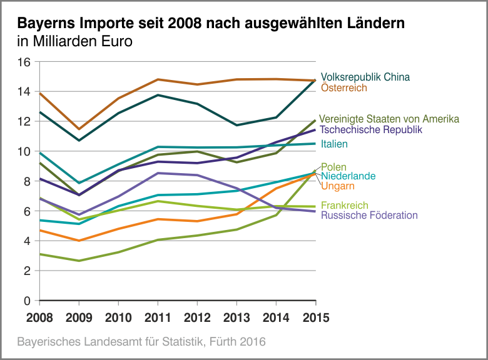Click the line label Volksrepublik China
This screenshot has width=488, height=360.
(x=365, y=77)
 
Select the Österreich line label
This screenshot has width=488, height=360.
(x=343, y=88)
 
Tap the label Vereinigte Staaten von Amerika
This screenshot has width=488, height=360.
(x=389, y=119)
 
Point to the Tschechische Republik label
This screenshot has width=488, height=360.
(x=371, y=129)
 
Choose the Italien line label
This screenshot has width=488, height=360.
(x=334, y=144)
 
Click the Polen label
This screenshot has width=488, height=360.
(x=333, y=167)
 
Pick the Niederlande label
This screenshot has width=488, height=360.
(x=348, y=176)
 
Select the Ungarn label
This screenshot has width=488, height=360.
(x=338, y=186)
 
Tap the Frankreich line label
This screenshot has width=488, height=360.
(x=345, y=206)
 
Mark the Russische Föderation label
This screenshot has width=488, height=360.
(x=369, y=216)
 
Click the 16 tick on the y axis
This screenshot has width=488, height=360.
(x=24, y=62)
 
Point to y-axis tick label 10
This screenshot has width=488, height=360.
(x=24, y=151)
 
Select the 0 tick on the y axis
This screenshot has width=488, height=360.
(x=27, y=301)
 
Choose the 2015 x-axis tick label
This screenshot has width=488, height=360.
(x=314, y=317)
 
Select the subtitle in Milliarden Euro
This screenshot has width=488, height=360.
(x=75, y=42)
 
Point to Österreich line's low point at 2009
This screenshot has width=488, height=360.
(x=79, y=129)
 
